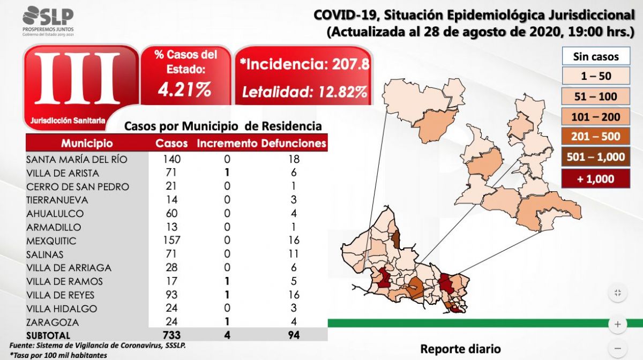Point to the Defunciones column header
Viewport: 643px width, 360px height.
294,144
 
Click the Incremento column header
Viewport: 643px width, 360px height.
227,144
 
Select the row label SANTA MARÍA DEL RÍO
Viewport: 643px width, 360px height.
78,159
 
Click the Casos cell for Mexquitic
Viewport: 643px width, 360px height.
171,241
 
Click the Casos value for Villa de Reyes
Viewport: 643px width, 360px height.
171,295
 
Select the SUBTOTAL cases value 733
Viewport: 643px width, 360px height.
171,335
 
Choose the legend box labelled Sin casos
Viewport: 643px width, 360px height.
595,56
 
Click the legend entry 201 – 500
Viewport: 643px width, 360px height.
595,137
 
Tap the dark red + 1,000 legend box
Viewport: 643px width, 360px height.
595,178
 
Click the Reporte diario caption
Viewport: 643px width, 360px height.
461,349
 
